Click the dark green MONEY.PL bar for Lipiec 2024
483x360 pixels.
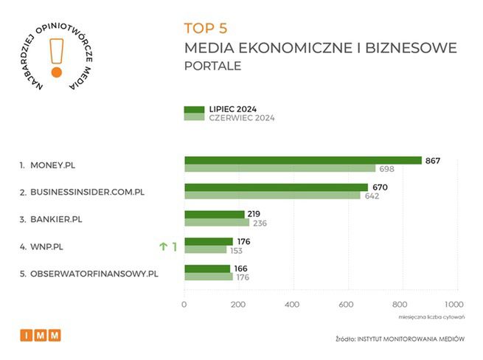pyautogui.click(x=302, y=160)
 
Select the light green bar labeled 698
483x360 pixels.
pyautogui.click(x=279, y=169)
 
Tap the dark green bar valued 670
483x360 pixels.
pyautogui.click(x=276, y=187)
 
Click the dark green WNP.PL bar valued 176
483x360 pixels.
pyautogui.click(x=208, y=241)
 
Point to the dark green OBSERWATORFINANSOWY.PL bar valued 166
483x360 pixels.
pyautogui.click(x=207, y=269)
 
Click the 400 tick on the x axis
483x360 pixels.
pyautogui.click(x=292, y=304)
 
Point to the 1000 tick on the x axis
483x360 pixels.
pyautogui.click(x=453, y=304)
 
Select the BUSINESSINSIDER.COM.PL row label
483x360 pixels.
pyautogui.click(x=87, y=192)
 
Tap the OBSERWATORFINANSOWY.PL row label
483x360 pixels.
pyautogui.click(x=94, y=274)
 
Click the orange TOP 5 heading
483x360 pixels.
pyautogui.click(x=206, y=29)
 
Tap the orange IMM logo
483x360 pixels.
pyautogui.click(x=41, y=336)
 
